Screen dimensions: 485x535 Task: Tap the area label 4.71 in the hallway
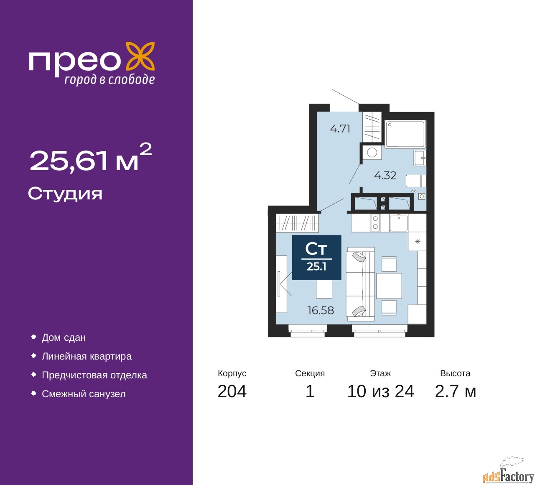340,129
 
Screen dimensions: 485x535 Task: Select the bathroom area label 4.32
385,176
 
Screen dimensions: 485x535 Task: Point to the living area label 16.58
321,310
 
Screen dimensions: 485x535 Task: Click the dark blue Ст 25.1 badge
316,257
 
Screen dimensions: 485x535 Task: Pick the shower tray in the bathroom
405,134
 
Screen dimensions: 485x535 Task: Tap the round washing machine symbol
372,153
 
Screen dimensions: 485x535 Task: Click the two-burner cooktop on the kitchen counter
375,222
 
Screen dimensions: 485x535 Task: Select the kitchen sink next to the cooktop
398,222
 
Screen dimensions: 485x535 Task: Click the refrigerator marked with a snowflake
417,241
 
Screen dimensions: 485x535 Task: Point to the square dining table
389,286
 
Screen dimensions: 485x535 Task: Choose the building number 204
232,391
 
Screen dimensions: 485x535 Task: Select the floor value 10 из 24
380,391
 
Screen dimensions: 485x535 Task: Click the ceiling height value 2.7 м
455,391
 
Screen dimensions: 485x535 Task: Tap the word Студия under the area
65,194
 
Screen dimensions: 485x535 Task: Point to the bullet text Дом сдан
64,337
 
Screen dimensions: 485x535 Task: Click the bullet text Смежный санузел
84,394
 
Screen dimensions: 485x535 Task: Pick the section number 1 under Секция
310,391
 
